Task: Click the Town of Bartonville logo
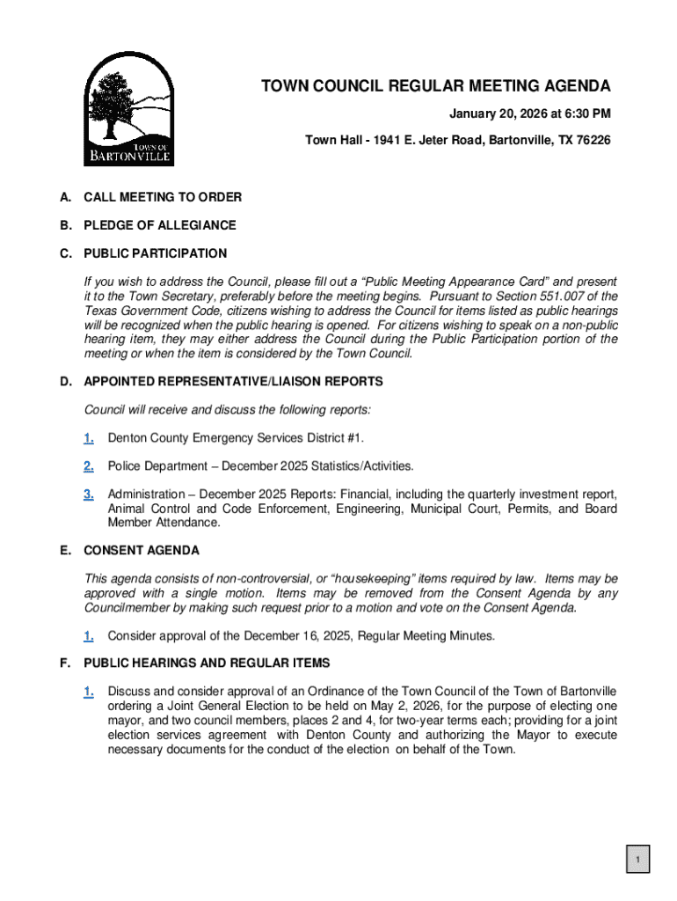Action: pyautogui.click(x=128, y=108)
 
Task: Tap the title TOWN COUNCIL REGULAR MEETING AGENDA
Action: pyautogui.click(x=435, y=86)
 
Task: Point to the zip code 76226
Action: pyautogui.click(x=593, y=141)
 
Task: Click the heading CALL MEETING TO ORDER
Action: pyautogui.click(x=163, y=197)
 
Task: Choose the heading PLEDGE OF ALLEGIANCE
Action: pyautogui.click(x=160, y=225)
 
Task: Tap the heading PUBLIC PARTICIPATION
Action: pyautogui.click(x=155, y=253)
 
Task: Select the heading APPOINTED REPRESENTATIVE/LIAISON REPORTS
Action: pyautogui.click(x=233, y=382)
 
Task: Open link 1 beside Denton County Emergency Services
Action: pyautogui.click(x=89, y=438)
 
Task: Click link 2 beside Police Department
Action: pyautogui.click(x=89, y=466)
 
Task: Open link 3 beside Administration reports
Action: pyautogui.click(x=89, y=494)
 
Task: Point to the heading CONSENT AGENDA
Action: pyautogui.click(x=142, y=551)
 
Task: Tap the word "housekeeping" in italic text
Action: pyautogui.click(x=381, y=579)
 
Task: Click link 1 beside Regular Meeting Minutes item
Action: pyautogui.click(x=89, y=635)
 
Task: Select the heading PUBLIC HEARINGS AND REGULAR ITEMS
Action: pyautogui.click(x=207, y=663)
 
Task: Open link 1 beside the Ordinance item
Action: pyautogui.click(x=89, y=692)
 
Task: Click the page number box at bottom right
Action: pyautogui.click(x=637, y=860)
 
